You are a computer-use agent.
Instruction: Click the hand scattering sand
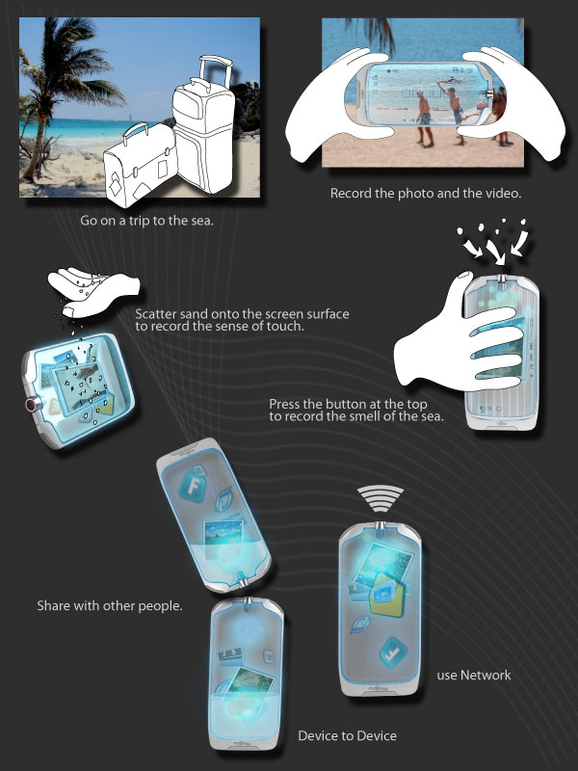[93, 290]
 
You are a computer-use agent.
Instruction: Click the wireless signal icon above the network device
[380, 497]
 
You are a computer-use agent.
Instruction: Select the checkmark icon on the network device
[393, 652]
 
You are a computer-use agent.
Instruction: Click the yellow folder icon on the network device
[386, 596]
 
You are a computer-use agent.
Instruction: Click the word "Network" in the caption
[486, 676]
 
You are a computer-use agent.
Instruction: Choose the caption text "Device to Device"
[348, 735]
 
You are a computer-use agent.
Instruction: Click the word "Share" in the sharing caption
[53, 605]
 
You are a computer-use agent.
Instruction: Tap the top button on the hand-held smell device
[501, 279]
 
